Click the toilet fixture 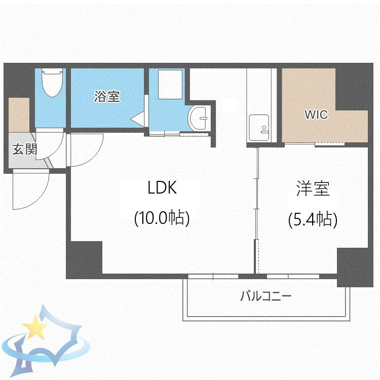pyautogui.click(x=52, y=83)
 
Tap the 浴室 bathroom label pyautogui.click(x=107, y=96)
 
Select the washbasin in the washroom pyautogui.click(x=198, y=119)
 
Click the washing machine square pyautogui.click(x=170, y=84)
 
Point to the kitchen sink pyautogui.click(x=259, y=128)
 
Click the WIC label pyautogui.click(x=317, y=115)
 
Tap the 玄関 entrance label pyautogui.click(x=24, y=149)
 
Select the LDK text pyautogui.click(x=162, y=187)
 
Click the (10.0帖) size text pyautogui.click(x=162, y=218)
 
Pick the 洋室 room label pyautogui.click(x=313, y=188)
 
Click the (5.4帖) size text pyautogui.click(x=313, y=219)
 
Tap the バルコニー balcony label pyautogui.click(x=265, y=296)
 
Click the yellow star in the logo pyautogui.click(x=35, y=327)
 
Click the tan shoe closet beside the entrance pyautogui.click(x=19, y=115)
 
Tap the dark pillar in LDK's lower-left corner pyautogui.click(x=84, y=260)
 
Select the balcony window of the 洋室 pyautogui.click(x=293, y=276)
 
